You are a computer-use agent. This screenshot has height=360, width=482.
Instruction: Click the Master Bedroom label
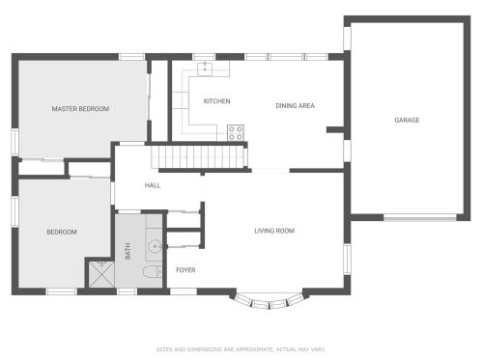[x=80, y=109]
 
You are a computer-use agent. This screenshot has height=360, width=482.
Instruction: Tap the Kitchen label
[x=216, y=101]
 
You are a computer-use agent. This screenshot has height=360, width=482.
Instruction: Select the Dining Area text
[x=295, y=105]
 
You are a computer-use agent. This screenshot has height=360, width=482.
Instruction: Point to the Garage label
[x=407, y=120]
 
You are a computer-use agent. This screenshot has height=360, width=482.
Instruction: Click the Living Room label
[x=274, y=231]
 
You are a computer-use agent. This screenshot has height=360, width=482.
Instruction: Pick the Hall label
[x=153, y=185]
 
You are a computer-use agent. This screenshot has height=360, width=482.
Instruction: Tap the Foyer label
[x=185, y=270]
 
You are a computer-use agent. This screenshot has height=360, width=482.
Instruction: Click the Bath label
[x=128, y=251]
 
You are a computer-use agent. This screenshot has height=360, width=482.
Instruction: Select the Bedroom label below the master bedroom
[x=62, y=232]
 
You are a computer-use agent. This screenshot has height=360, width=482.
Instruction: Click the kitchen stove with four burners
[x=236, y=133]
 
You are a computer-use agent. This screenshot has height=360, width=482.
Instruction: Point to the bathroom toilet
[x=153, y=272]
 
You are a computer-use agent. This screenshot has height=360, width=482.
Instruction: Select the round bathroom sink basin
[x=155, y=247]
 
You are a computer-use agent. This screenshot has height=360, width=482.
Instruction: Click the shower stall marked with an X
[x=101, y=274]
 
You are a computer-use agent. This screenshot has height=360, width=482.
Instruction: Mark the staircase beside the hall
[x=197, y=156]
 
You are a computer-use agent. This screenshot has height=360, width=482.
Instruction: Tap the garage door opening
[x=420, y=218]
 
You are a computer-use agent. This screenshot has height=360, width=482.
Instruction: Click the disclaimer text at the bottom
[x=241, y=349]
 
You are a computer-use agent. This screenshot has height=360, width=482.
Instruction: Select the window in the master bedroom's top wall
[x=131, y=57]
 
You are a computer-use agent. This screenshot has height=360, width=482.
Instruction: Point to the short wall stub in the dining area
[x=335, y=129]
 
